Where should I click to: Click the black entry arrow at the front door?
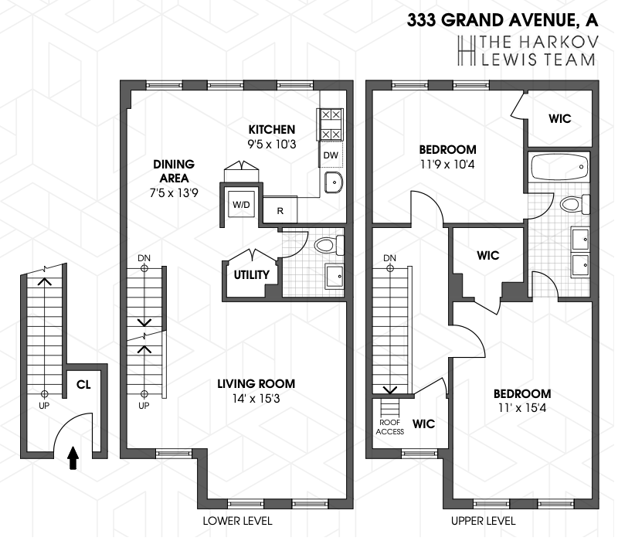click(73, 458)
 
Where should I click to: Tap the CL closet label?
click(83, 384)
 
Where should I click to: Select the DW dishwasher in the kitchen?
click(331, 155)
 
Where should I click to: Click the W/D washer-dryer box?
click(241, 205)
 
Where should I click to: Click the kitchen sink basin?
click(334, 182)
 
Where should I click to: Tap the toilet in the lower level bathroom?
click(329, 245)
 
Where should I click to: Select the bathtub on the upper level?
click(559, 167)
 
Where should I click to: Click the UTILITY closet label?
click(252, 274)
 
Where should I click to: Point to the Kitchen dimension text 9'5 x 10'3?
click(272, 145)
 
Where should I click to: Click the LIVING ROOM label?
click(256, 383)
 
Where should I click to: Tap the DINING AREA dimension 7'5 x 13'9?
click(174, 192)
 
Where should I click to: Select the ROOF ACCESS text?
click(390, 427)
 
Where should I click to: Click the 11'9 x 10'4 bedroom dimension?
click(448, 164)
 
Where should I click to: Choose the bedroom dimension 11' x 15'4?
click(522, 407)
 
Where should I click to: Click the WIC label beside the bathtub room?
click(559, 118)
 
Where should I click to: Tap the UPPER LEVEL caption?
click(484, 521)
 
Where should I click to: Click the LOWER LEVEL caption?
click(237, 521)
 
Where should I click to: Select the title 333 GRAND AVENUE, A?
click(503, 20)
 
